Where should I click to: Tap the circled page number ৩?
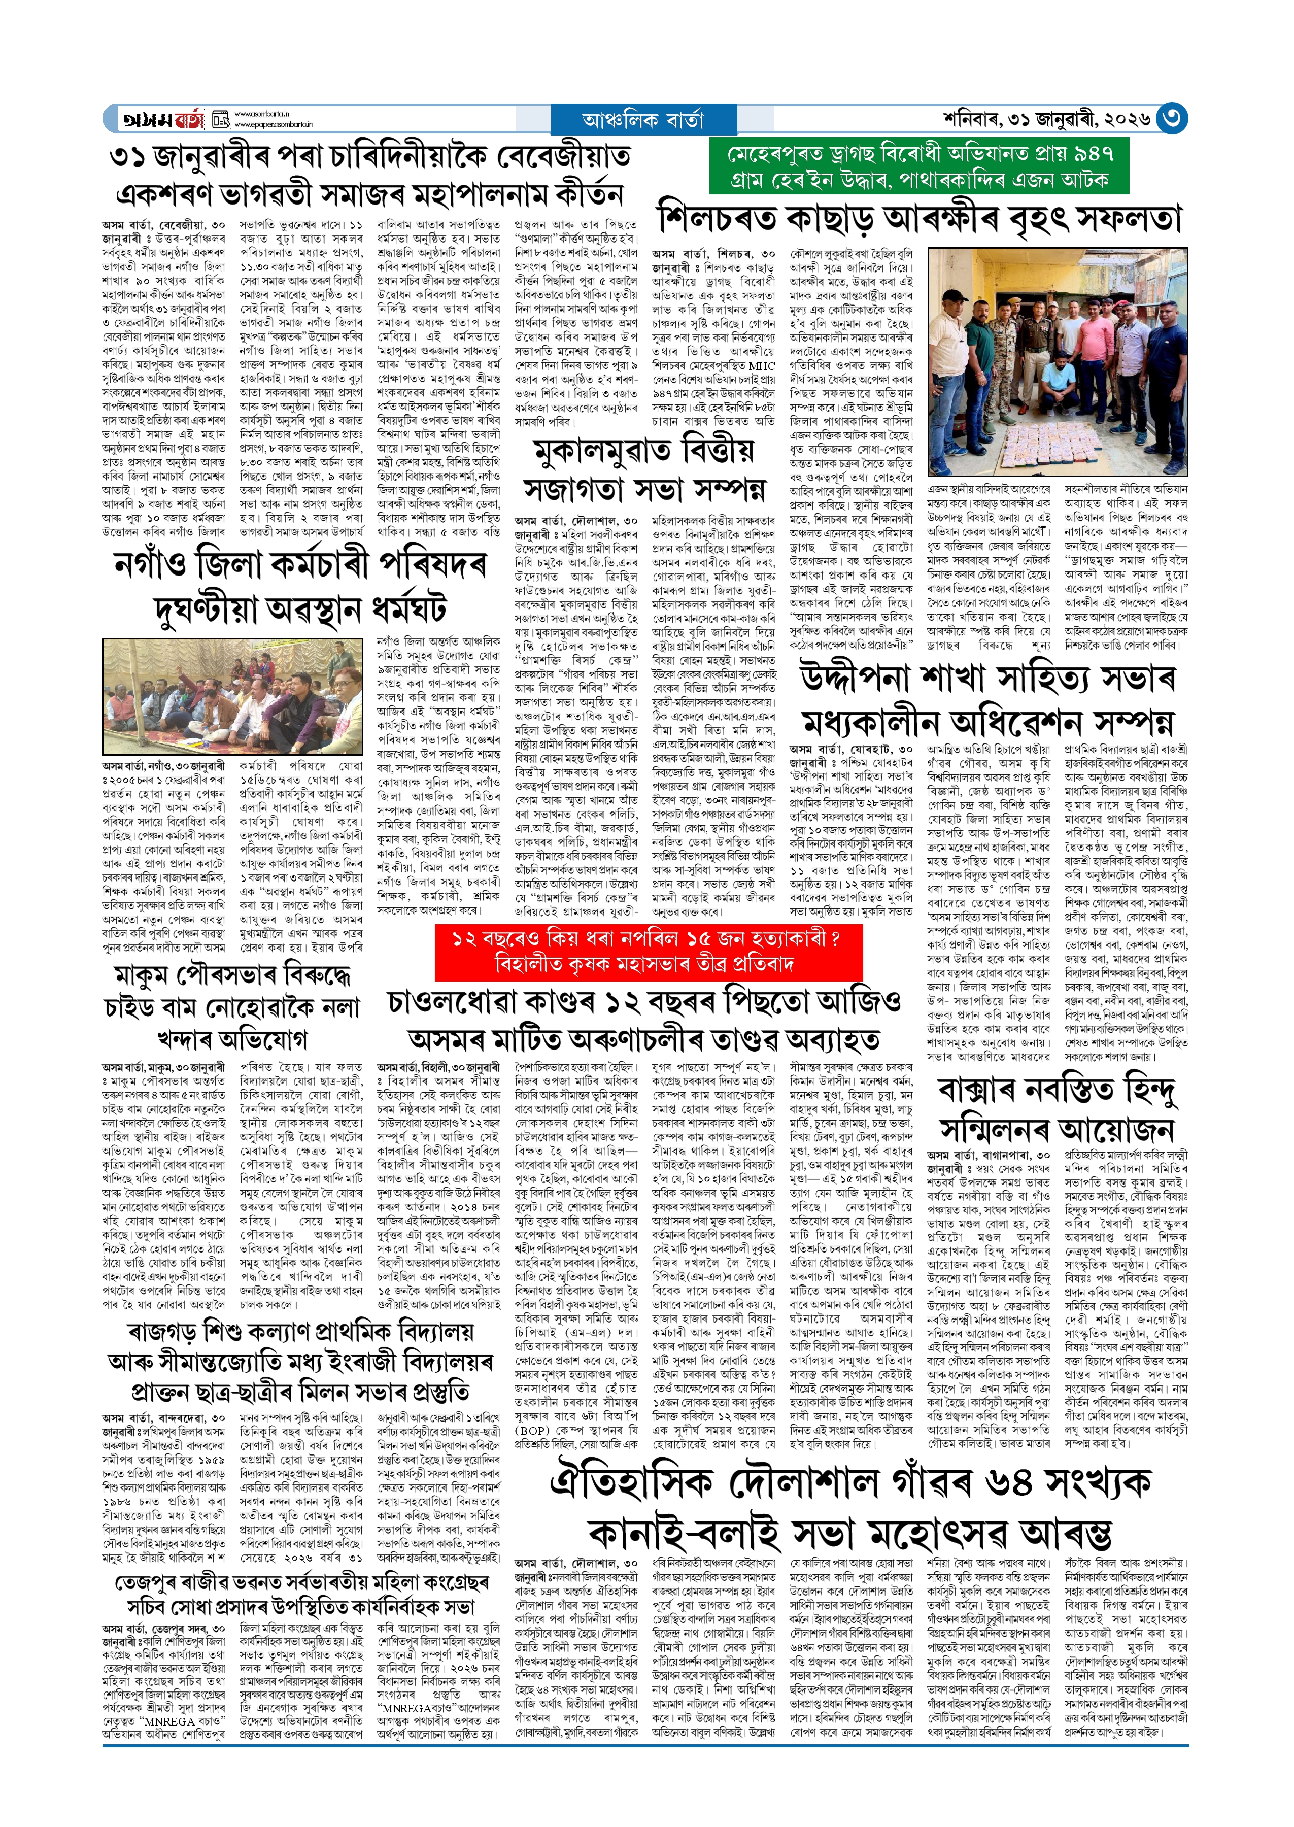pyautogui.click(x=1171, y=119)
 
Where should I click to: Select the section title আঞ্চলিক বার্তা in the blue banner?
pyautogui.click(x=643, y=120)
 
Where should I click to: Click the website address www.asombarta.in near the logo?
pyautogui.click(x=261, y=114)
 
